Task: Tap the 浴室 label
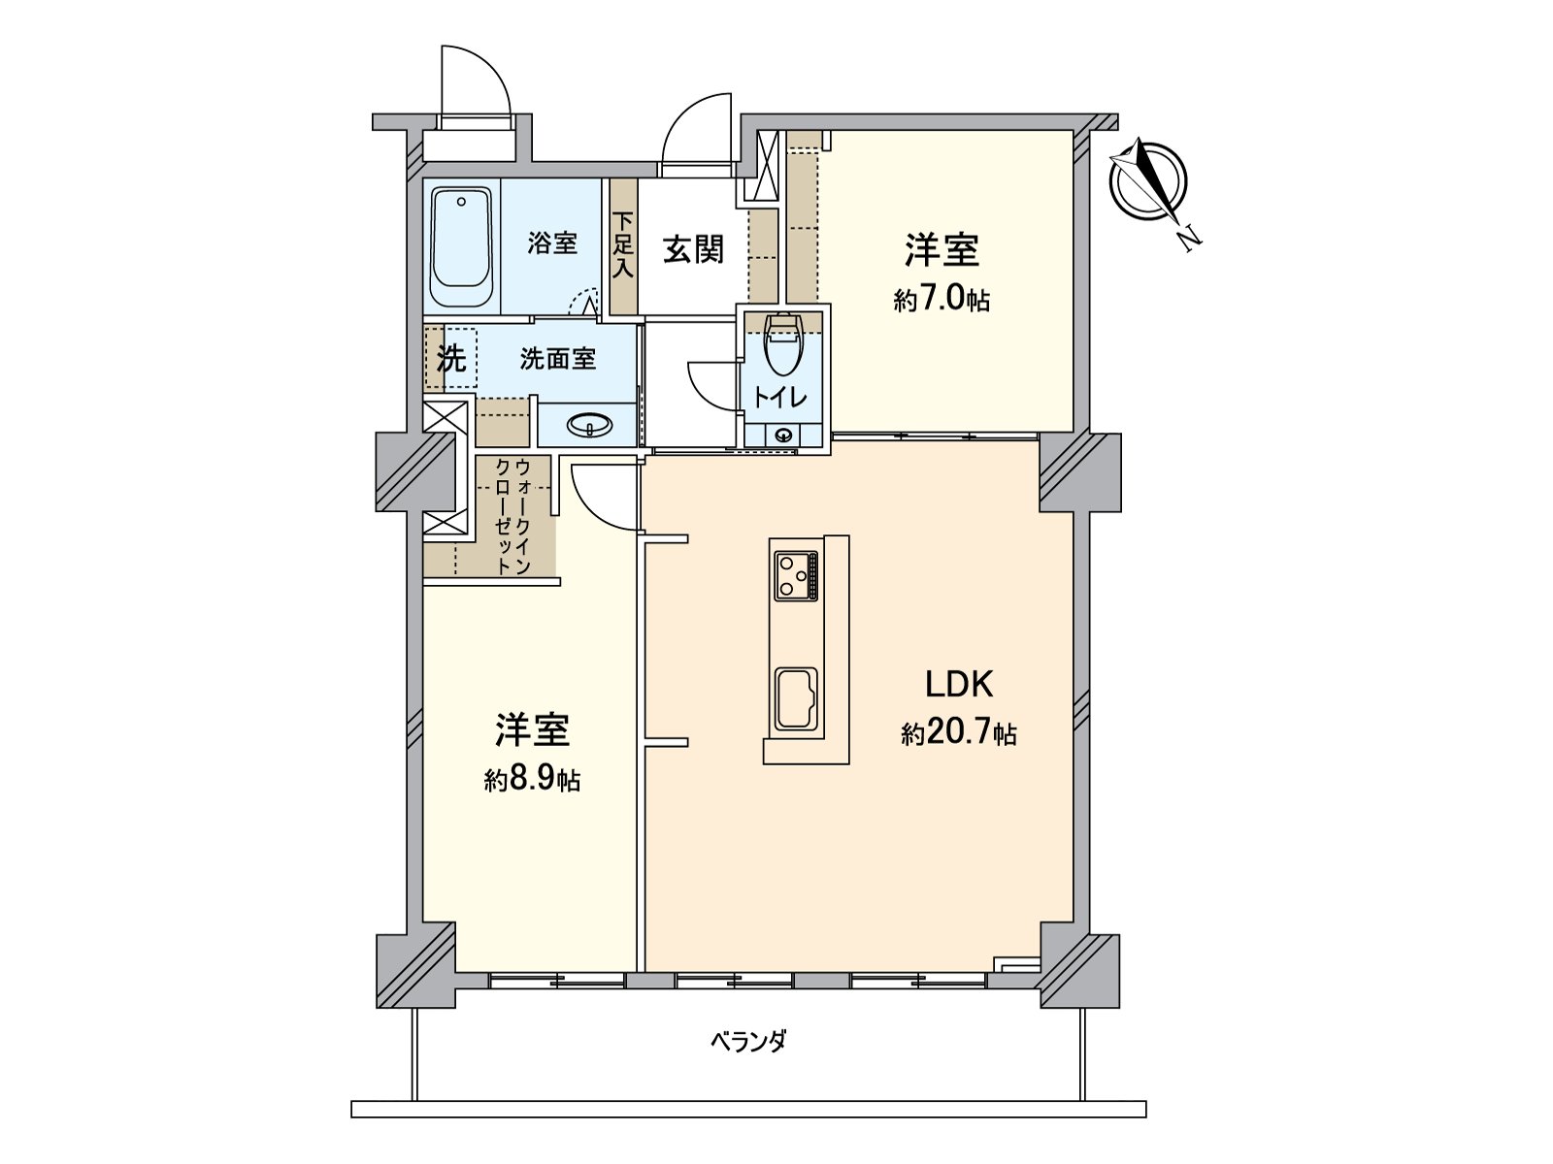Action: pyautogui.click(x=552, y=243)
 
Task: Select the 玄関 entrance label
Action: pyautogui.click(x=693, y=249)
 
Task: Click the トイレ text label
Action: pyautogui.click(x=781, y=398)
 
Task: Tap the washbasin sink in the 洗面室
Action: pyautogui.click(x=589, y=425)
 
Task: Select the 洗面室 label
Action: pyautogui.click(x=557, y=359)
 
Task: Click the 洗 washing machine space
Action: pyautogui.click(x=450, y=359)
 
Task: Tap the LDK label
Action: pyautogui.click(x=958, y=685)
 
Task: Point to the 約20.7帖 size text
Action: pyautogui.click(x=958, y=734)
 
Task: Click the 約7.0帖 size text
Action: pyautogui.click(x=942, y=300)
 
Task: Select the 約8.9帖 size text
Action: pyautogui.click(x=532, y=780)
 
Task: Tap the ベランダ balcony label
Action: pyautogui.click(x=747, y=1043)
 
